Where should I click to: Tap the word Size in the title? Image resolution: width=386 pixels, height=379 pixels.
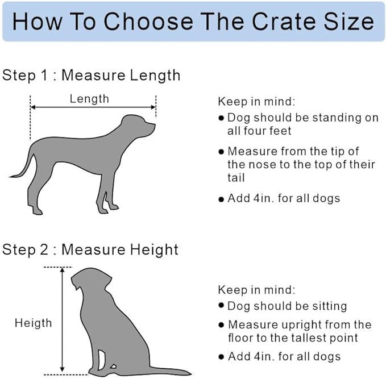coord(347,21)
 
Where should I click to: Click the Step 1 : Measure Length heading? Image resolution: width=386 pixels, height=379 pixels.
coord(92,75)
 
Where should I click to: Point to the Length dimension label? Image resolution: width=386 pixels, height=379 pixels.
coord(89,98)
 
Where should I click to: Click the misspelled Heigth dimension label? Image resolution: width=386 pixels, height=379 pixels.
coord(33,323)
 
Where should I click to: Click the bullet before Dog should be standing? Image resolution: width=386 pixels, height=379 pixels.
coord(221,118)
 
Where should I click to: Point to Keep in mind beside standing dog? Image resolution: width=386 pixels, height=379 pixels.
coord(256,102)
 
